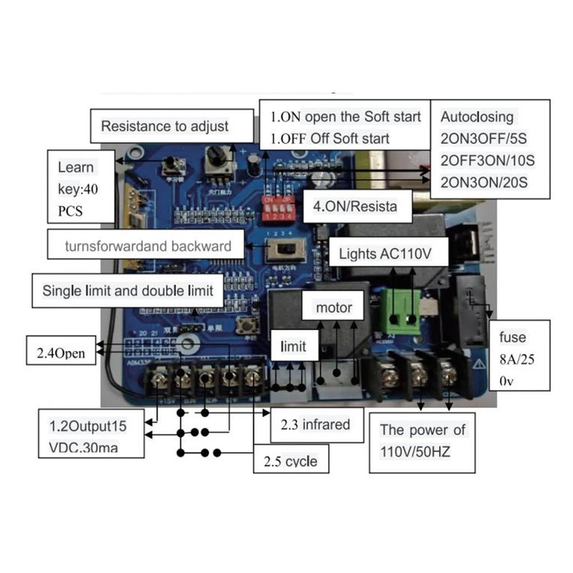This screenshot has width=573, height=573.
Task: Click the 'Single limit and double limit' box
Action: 128,291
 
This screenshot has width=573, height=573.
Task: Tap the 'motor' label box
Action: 334,308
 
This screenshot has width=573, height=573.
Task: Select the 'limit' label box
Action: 293,347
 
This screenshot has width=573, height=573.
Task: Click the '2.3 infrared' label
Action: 314,424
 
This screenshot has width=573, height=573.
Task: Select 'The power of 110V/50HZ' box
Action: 423,443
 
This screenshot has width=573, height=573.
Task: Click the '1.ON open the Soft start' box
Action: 345,127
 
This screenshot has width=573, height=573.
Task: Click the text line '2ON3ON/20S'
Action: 484,181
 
